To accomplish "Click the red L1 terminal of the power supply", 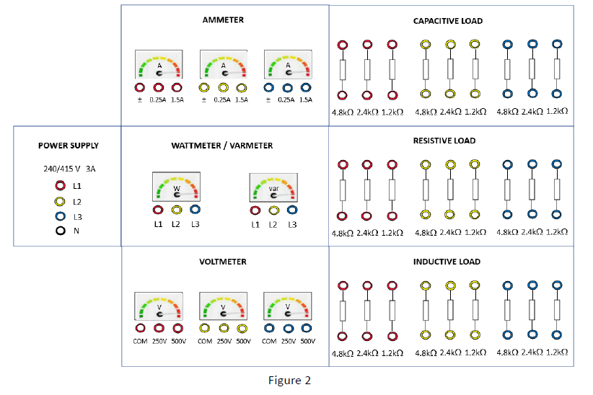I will pyautogui.click(x=61, y=185).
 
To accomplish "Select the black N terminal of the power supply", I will pyautogui.click(x=61, y=231).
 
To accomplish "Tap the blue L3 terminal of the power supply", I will pyautogui.click(x=61, y=216).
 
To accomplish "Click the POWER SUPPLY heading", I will pyautogui.click(x=69, y=146).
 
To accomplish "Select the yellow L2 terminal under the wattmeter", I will pyautogui.click(x=177, y=210).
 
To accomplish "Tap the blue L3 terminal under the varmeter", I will pyautogui.click(x=292, y=210).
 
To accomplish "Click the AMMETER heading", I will pyautogui.click(x=223, y=20).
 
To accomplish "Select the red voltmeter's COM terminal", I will pyautogui.click(x=140, y=328).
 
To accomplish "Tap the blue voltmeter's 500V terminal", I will pyautogui.click(x=307, y=328).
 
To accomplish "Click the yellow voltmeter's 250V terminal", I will pyautogui.click(x=224, y=328).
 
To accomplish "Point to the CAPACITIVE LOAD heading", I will pyautogui.click(x=448, y=21).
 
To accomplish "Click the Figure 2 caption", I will pyautogui.click(x=289, y=380).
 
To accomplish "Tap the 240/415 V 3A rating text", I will pyautogui.click(x=69, y=169).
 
